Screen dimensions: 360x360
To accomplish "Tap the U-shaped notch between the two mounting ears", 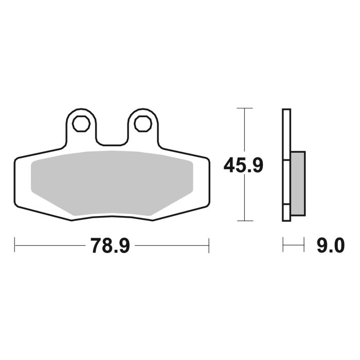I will [x=111, y=139].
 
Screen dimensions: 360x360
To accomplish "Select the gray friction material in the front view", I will [x=111, y=183].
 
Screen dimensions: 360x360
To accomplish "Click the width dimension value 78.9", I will [x=110, y=245].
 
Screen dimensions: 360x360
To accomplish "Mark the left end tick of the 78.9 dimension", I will [x=14, y=245].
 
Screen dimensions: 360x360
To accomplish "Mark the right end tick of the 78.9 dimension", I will [x=208, y=245].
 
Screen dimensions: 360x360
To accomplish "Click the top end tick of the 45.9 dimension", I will [x=244, y=109].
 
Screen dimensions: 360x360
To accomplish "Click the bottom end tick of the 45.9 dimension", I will [x=244, y=221].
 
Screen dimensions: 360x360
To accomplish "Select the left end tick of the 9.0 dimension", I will [x=283, y=245].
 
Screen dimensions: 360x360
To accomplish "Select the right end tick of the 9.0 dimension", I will [x=304, y=245].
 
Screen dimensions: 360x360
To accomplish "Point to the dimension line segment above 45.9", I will [x=244, y=131].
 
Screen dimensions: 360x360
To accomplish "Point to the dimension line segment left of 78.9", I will [x=49, y=245].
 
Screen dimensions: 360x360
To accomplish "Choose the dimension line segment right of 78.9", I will [x=172, y=245].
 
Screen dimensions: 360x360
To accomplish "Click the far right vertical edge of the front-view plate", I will [x=209, y=183].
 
